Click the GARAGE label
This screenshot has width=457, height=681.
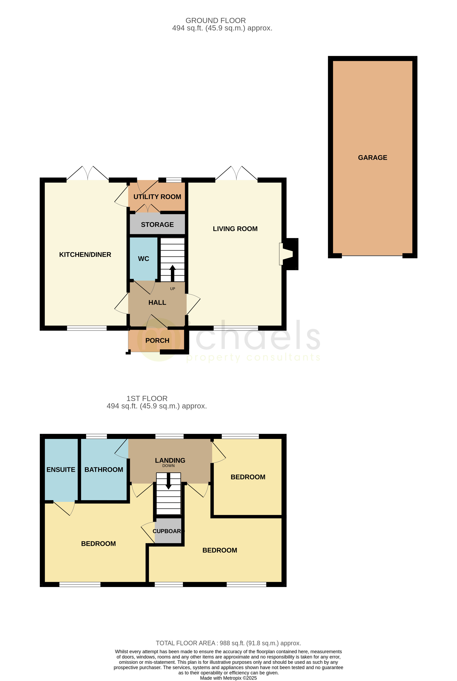(372, 158)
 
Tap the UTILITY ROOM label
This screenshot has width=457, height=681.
(157, 197)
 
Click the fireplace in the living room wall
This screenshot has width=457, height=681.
(287, 254)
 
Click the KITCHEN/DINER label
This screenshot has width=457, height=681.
(85, 254)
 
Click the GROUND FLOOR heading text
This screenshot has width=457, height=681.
(215, 21)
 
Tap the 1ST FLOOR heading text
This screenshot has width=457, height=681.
(147, 399)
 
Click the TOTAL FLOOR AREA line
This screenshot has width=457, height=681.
(228, 643)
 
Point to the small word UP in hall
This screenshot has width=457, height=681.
(173, 289)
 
